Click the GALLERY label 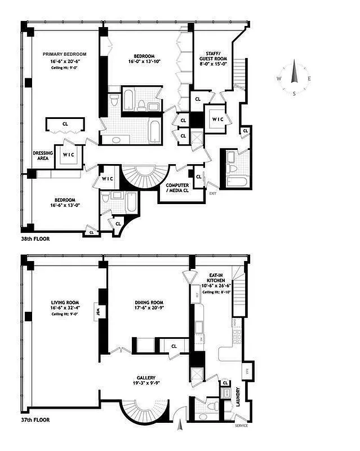[145, 378]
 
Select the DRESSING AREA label [43, 156]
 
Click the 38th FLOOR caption [35, 238]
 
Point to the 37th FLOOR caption [35, 419]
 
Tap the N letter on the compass [293, 63]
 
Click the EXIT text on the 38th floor [212, 193]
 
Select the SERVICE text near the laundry [241, 425]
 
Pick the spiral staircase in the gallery [145, 411]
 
